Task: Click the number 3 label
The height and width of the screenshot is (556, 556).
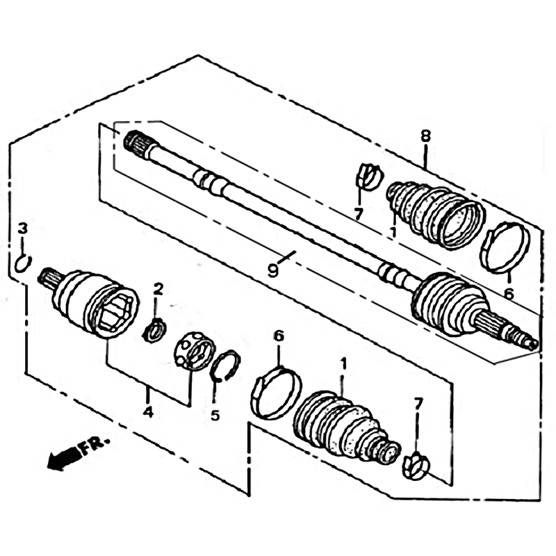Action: (x=22, y=229)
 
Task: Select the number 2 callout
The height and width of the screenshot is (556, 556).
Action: (x=158, y=289)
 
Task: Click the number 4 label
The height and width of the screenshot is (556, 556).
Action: (x=148, y=411)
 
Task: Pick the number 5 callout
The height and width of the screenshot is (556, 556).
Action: (x=215, y=415)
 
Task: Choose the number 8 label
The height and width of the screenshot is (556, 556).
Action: (x=425, y=136)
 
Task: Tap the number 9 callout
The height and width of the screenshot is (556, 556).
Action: (x=272, y=271)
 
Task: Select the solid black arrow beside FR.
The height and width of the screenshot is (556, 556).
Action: (x=64, y=459)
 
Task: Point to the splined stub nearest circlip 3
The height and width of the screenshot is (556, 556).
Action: (x=49, y=278)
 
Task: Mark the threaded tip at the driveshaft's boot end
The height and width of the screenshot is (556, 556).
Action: (x=530, y=343)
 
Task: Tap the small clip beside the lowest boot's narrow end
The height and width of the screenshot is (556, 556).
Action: (x=416, y=465)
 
